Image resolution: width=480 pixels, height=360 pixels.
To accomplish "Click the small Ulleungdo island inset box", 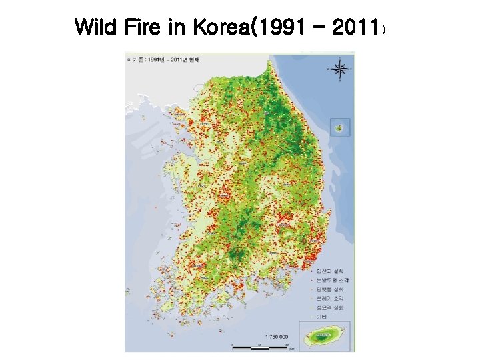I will [340, 127].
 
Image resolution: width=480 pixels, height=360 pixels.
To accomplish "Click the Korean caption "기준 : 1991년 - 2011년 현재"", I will [159, 60].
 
